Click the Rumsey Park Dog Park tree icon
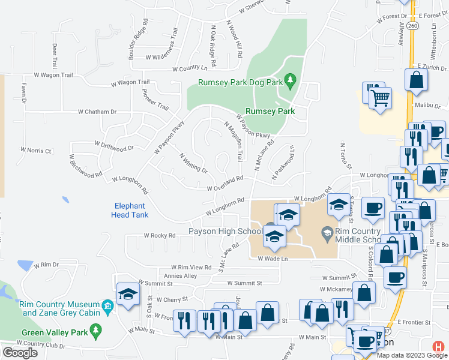pyautogui.click(x=290, y=80)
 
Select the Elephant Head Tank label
pyautogui.click(x=130, y=210)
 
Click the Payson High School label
pyautogui.click(x=223, y=232)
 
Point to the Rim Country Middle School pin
pyautogui.click(x=328, y=232)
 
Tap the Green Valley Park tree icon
pyautogui.click(x=94, y=330)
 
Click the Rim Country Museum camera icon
pyautogui.click(x=107, y=306)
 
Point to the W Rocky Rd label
pyautogui.click(x=159, y=236)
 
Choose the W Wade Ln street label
pyautogui.click(x=273, y=259)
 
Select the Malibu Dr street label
pyautogui.click(x=428, y=106)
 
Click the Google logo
pyautogui.click(x=20, y=352)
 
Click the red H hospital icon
pyautogui.click(x=440, y=346)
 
